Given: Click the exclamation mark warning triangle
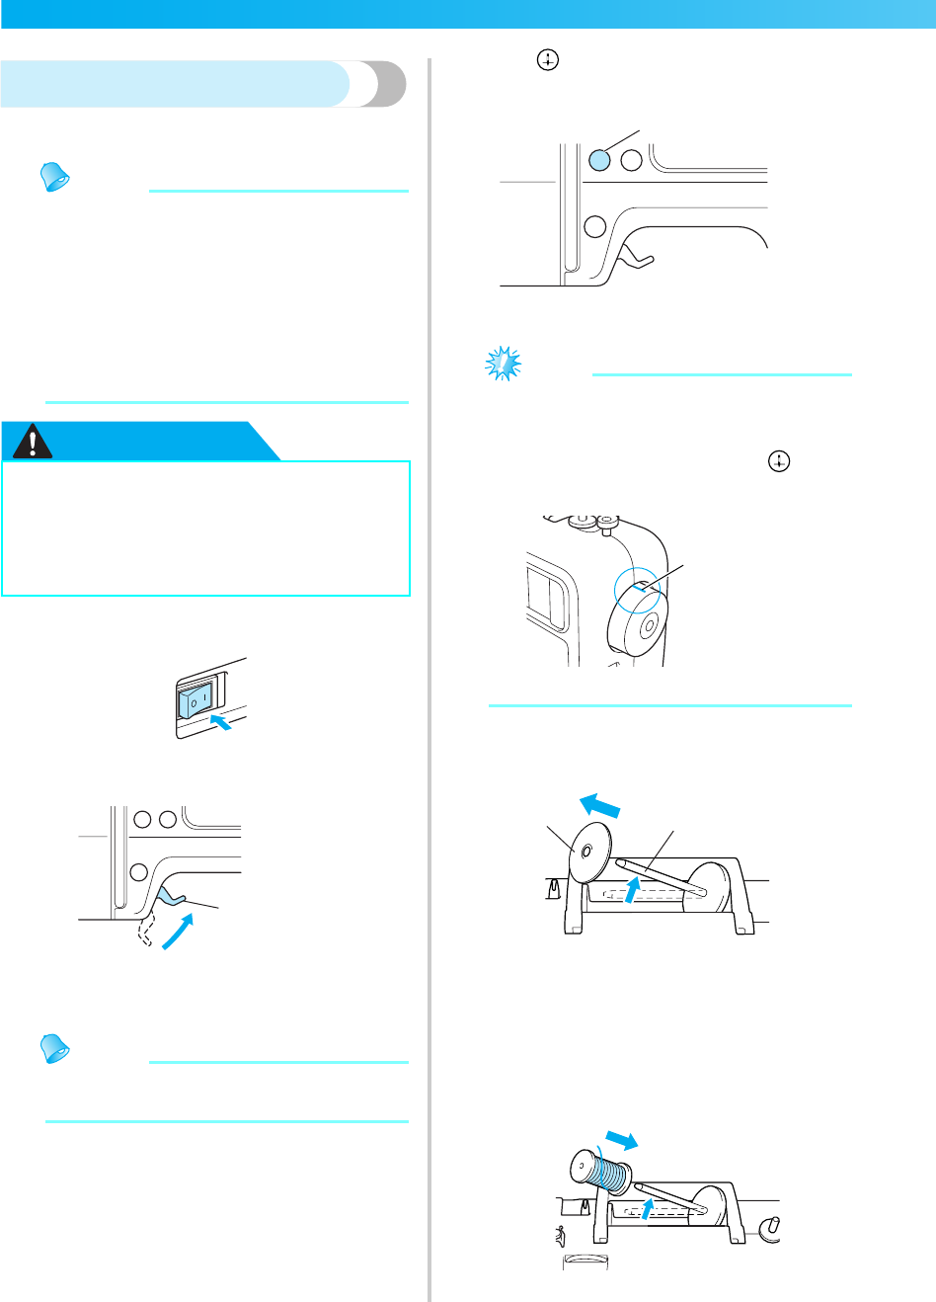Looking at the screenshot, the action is (x=34, y=443).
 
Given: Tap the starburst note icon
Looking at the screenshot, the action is (x=504, y=365).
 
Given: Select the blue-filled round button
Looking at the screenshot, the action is (x=599, y=160).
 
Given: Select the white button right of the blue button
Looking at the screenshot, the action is (x=632, y=160).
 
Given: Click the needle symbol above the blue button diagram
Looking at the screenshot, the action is (x=547, y=61).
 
